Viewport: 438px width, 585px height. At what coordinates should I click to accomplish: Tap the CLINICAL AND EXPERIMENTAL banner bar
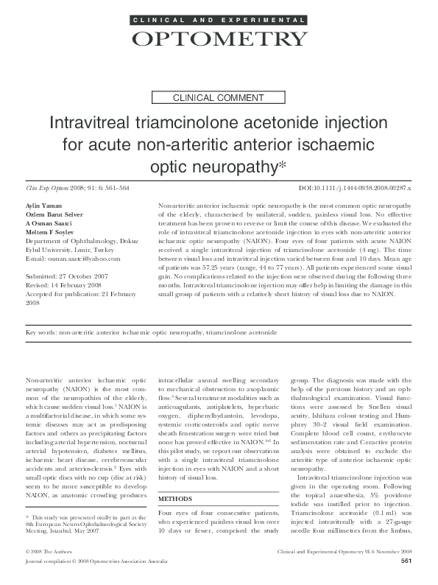219,18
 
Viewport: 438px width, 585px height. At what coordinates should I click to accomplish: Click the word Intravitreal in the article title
91,122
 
